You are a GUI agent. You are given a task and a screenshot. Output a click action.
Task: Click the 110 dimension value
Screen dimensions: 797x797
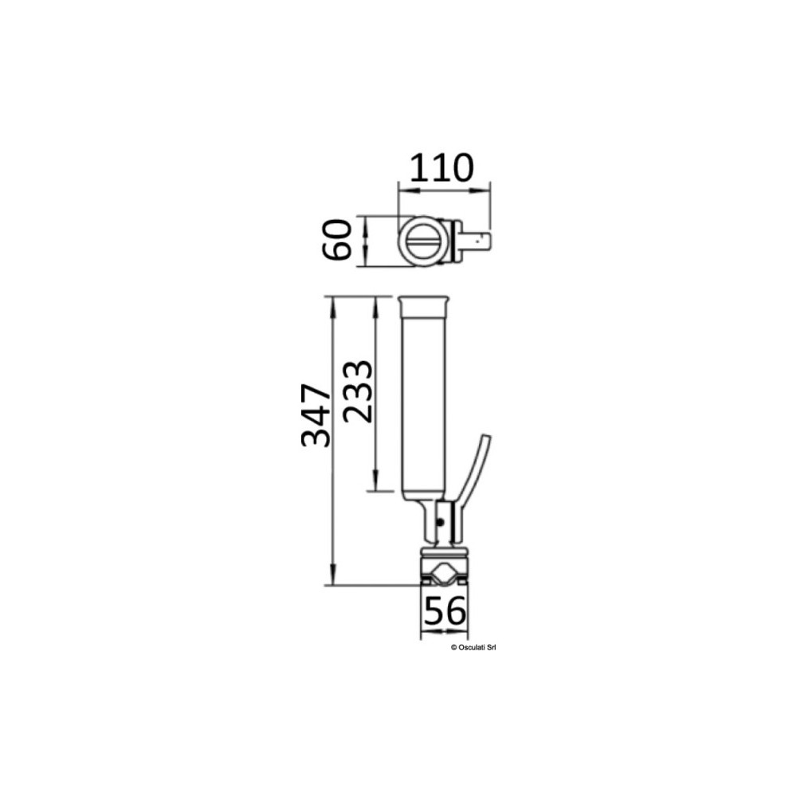coord(442,167)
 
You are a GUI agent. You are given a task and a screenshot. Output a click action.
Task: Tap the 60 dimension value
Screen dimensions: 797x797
coord(337,240)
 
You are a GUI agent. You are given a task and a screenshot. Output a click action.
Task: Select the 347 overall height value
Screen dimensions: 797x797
coord(316,415)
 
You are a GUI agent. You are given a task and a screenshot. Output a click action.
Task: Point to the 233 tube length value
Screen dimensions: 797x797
coord(358,391)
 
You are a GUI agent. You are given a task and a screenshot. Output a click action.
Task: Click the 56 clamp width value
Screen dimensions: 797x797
coord(444,611)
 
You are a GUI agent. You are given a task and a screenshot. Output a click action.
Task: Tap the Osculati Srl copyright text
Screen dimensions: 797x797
coord(473,647)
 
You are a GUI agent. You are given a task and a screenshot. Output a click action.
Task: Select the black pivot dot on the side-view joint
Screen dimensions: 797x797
coord(442,522)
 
